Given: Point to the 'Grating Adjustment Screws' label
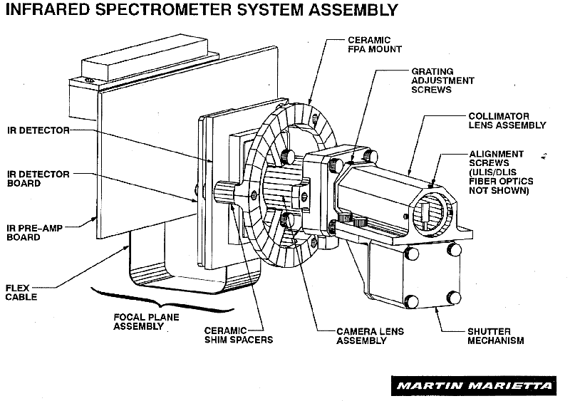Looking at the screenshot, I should coord(442,80).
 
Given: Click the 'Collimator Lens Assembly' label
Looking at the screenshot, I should coord(507,120).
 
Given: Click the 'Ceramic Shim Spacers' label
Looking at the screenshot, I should coord(239,335).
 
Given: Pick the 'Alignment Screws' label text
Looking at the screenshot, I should coord(497,159).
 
